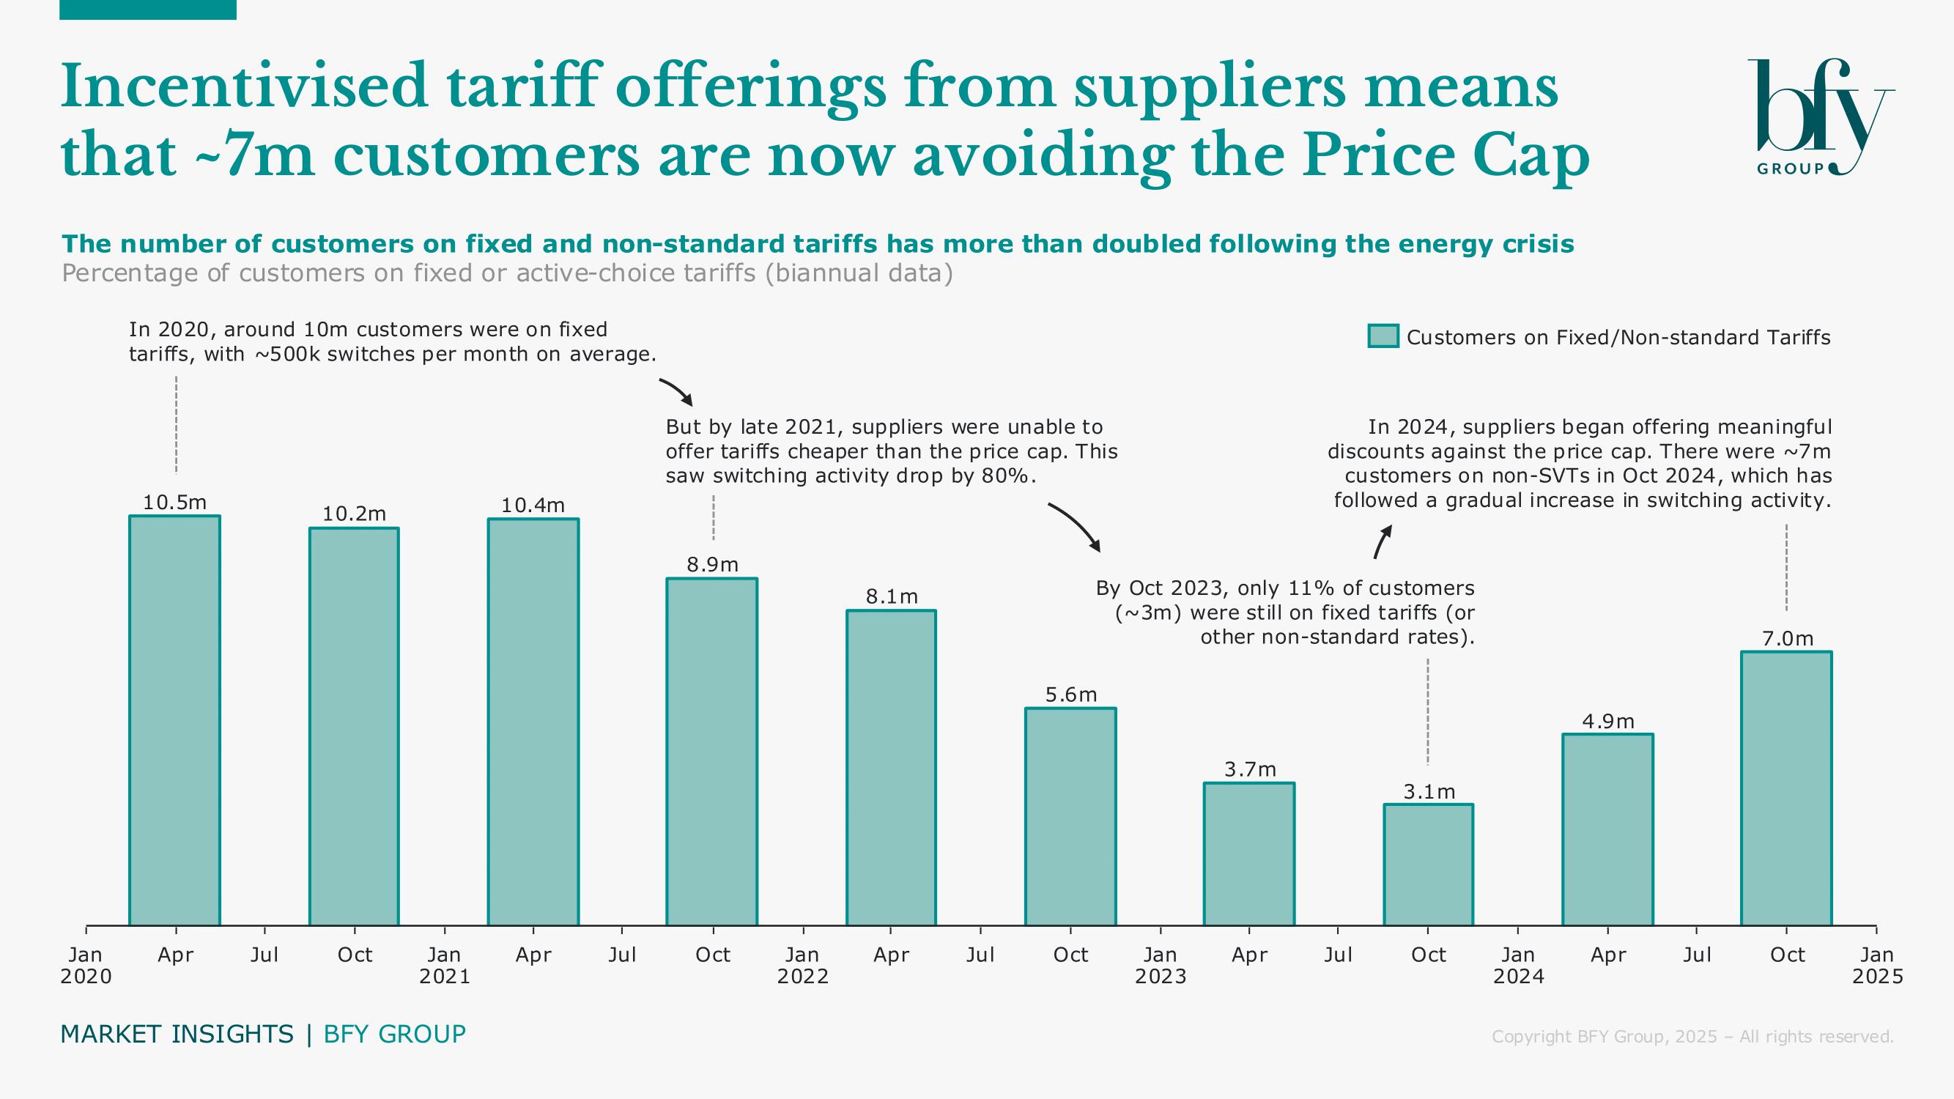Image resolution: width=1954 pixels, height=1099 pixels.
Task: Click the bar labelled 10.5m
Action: [174, 720]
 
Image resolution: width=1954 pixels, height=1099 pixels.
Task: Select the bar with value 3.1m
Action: [1429, 865]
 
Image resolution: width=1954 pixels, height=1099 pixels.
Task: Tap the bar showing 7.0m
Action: [1786, 789]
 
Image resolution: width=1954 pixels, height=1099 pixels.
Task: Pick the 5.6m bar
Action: [1070, 817]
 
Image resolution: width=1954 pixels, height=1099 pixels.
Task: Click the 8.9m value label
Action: [712, 564]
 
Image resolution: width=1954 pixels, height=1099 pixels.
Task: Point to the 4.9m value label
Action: [1607, 721]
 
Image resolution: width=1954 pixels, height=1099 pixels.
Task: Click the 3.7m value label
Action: [1249, 770]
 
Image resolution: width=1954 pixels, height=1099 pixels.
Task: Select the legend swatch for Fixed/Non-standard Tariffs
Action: [1383, 337]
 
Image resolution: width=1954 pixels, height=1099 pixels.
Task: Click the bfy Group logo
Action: [1821, 117]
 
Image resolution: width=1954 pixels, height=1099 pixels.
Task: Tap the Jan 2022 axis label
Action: [802, 965]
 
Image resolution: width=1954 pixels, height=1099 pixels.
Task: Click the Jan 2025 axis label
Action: [1876, 965]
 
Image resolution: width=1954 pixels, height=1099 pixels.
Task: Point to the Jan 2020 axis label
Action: [86, 965]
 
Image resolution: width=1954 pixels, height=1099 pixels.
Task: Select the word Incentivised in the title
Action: [244, 86]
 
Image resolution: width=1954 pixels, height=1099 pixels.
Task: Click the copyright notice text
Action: [1692, 1036]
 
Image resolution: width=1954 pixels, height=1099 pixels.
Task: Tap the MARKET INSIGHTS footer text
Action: [177, 1034]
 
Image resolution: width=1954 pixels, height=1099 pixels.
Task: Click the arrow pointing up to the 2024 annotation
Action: [1383, 541]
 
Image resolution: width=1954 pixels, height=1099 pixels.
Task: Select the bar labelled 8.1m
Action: [892, 768]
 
